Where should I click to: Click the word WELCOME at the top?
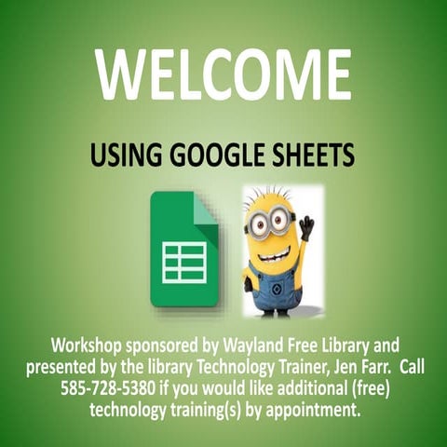point(223,75)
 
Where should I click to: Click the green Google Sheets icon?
point(183,250)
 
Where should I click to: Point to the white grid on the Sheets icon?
point(184,262)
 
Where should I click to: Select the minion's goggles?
point(271,223)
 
